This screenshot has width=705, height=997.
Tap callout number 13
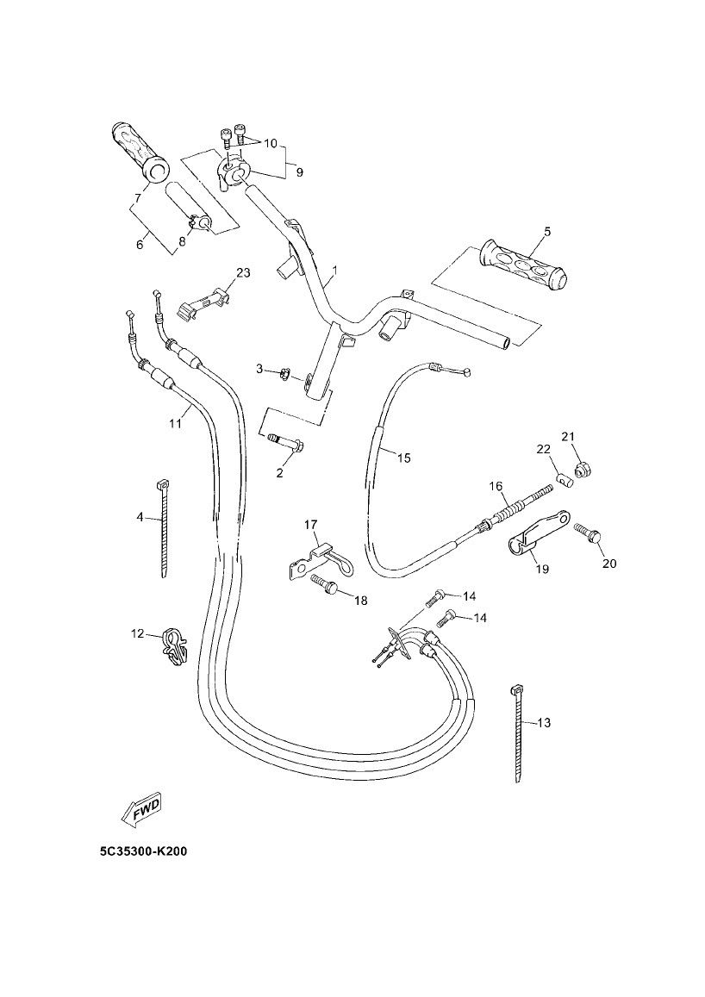(x=543, y=722)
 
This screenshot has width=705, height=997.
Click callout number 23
(x=243, y=273)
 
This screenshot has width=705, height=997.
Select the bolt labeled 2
(x=285, y=443)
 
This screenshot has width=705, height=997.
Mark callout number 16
(x=496, y=486)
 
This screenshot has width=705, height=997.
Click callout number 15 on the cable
(x=404, y=458)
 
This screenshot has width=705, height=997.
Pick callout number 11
(x=176, y=422)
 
